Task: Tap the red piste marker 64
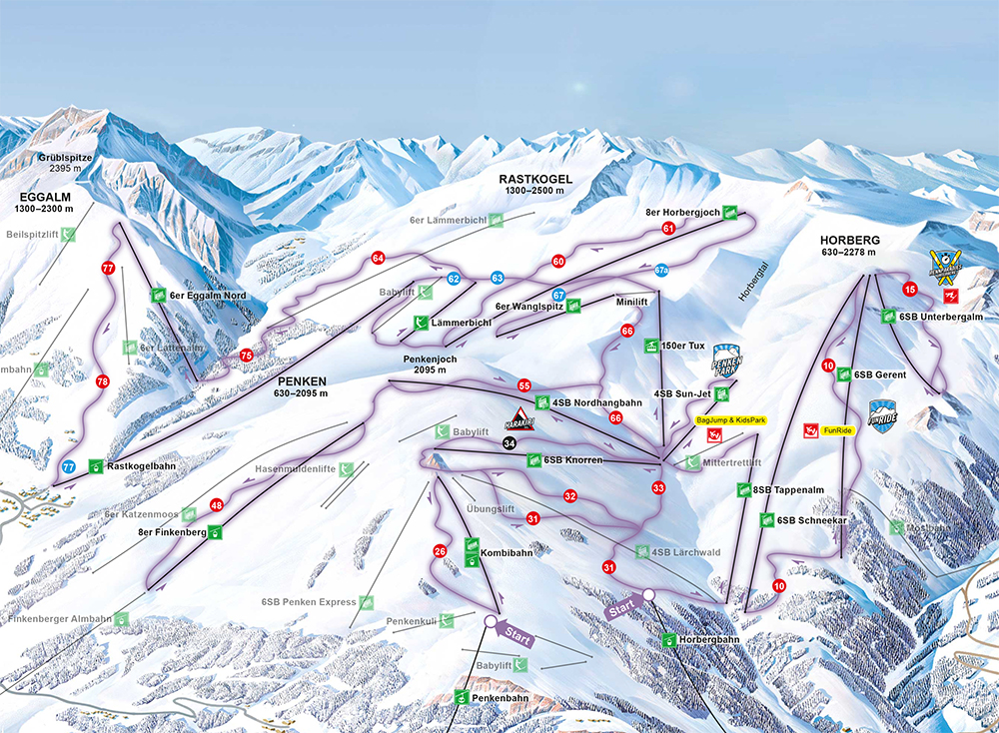[x=378, y=258]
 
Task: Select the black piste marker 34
[x=509, y=444]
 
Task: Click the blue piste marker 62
[x=454, y=279]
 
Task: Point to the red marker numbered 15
[x=909, y=290]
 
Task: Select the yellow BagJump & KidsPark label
[x=730, y=421]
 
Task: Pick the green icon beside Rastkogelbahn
[x=94, y=465]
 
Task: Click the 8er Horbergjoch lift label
[x=683, y=213]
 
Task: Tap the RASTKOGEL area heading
[x=535, y=179]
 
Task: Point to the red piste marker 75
[x=247, y=356]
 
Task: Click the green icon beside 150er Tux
[x=650, y=346]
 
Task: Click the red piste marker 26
[x=440, y=550]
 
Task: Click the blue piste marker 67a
[x=661, y=270]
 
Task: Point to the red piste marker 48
[x=217, y=506]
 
